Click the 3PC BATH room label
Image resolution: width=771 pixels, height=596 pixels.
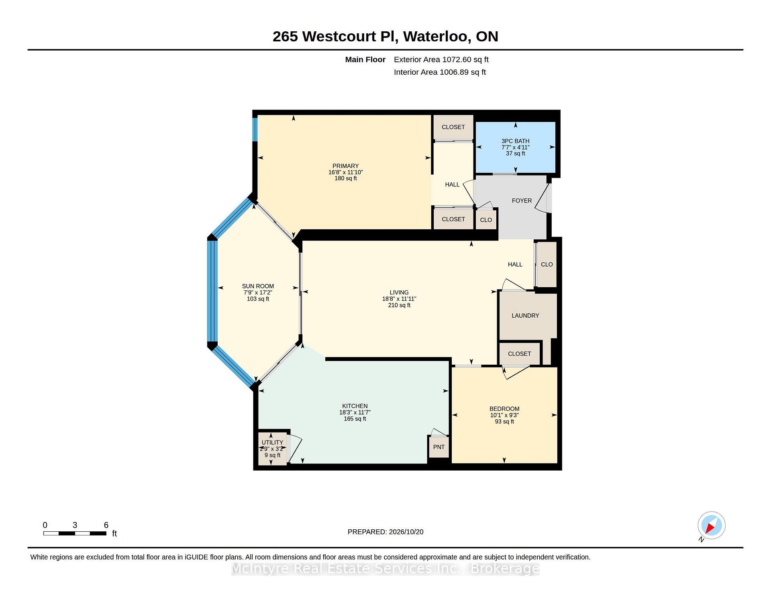(515, 141)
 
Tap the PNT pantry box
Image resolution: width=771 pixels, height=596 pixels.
(439, 447)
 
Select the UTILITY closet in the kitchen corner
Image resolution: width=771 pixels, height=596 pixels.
(273, 449)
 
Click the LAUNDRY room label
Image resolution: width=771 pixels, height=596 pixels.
(525, 316)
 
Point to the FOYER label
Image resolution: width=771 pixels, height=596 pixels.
(522, 201)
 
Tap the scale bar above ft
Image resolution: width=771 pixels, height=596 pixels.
(75, 533)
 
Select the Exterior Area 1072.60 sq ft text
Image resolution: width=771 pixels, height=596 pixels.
(441, 59)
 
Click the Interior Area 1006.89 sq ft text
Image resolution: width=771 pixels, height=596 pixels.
(440, 72)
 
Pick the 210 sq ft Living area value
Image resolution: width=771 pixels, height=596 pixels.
(399, 305)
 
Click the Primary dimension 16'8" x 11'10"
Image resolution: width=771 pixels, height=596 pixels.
(345, 172)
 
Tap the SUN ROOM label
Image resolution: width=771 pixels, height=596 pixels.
(258, 286)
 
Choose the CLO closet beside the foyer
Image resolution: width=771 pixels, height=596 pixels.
(486, 220)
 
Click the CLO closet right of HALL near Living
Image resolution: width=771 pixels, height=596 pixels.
(547, 264)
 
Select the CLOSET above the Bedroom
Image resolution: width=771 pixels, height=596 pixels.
(519, 354)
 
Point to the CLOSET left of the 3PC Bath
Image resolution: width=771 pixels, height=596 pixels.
(453, 127)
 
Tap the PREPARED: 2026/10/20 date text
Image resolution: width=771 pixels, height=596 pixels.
(385, 532)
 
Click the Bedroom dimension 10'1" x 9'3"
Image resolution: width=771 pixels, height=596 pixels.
(504, 415)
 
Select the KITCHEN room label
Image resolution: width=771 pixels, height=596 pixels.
(355, 406)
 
